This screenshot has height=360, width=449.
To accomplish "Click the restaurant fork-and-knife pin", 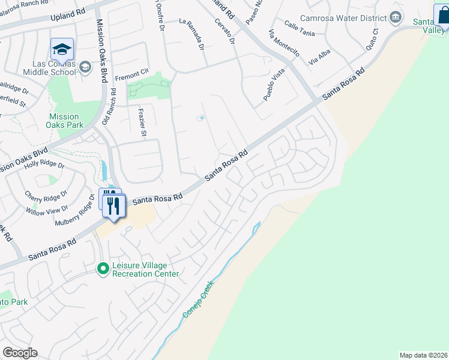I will (x=113, y=206).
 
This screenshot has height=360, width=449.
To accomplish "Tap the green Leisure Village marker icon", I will (x=103, y=269).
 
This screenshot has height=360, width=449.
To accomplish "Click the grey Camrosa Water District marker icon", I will (x=395, y=17).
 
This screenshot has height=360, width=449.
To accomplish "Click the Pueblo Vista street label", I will (x=273, y=85).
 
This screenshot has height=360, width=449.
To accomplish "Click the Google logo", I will (x=20, y=353).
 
